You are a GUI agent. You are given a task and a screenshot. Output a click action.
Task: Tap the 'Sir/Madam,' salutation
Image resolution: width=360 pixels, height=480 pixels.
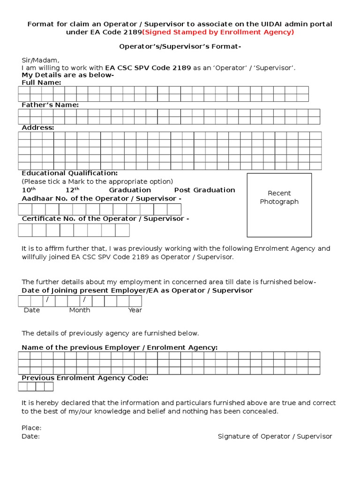pos(41,60)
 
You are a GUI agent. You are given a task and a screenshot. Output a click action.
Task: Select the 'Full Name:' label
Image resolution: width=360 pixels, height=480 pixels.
pos(41,82)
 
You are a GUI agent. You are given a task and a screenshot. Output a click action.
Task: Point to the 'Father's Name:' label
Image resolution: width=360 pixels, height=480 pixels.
pos(50,105)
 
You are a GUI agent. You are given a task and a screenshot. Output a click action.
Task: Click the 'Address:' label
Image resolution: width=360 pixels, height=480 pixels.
pos(38,127)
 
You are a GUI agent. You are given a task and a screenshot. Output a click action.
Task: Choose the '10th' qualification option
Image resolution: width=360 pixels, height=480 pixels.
pos(29,190)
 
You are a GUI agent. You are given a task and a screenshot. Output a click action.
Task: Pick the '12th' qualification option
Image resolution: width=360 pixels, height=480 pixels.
pos(72,190)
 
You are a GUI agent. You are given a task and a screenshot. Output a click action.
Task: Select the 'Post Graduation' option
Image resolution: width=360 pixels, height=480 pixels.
pos(204,190)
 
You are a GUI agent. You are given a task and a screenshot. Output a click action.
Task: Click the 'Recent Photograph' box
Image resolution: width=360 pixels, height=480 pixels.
pos(279,205)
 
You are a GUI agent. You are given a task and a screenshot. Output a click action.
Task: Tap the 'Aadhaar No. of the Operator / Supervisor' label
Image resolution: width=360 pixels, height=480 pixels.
pos(102,198)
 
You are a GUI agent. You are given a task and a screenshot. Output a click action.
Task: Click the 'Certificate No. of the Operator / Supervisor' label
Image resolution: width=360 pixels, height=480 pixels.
pos(105,218)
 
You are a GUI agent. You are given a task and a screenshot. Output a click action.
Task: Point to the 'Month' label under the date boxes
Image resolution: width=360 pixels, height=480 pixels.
pos(80,310)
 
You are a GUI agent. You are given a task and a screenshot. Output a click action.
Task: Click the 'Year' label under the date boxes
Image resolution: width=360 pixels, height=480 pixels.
pos(135,310)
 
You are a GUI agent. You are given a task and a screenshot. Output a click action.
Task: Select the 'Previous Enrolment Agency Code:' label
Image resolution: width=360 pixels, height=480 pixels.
pos(85,378)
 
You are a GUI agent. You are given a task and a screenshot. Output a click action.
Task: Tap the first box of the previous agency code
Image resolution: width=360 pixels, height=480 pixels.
pos(22,387)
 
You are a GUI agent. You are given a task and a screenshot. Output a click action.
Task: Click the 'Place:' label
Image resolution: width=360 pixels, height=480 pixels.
pos(31,427)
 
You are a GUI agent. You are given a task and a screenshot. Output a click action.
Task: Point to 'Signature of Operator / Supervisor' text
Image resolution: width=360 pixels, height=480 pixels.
pos(275,436)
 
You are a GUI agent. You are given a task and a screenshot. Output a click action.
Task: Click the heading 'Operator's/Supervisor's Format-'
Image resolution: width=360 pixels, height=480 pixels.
pos(180,47)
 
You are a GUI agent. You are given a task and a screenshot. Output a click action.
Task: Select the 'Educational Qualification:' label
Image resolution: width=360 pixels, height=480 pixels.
pos(70,173)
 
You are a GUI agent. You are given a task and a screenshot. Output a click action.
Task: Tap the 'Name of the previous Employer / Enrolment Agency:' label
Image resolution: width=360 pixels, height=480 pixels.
pos(120,347)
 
